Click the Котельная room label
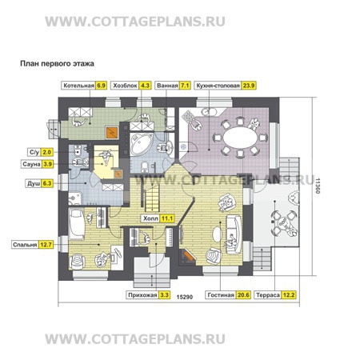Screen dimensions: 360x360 [x=79, y=86]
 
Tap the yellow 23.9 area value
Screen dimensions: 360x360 [x=248, y=86]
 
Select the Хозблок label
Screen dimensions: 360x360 [x=125, y=86]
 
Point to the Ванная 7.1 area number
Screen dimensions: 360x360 [x=185, y=86]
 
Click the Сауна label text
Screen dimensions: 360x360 [x=31, y=164]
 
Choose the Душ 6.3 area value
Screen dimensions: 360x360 [x=47, y=184]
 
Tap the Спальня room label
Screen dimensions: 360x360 [x=25, y=245]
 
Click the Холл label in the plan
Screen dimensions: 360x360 [x=150, y=218]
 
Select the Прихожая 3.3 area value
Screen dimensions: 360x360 [x=165, y=295]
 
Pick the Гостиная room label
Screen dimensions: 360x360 [x=221, y=295]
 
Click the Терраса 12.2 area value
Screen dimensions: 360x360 [x=289, y=295]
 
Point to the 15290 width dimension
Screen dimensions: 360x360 [x=185, y=297]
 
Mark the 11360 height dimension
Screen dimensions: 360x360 [x=317, y=186]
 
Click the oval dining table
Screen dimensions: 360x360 [x=240, y=138]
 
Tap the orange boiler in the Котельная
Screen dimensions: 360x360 [x=112, y=133]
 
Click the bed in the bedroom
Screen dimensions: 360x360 [x=77, y=224]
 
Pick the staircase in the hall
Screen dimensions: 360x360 [x=152, y=197]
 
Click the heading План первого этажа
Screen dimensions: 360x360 [x=57, y=64]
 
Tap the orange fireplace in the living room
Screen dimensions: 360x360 [x=189, y=256]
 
